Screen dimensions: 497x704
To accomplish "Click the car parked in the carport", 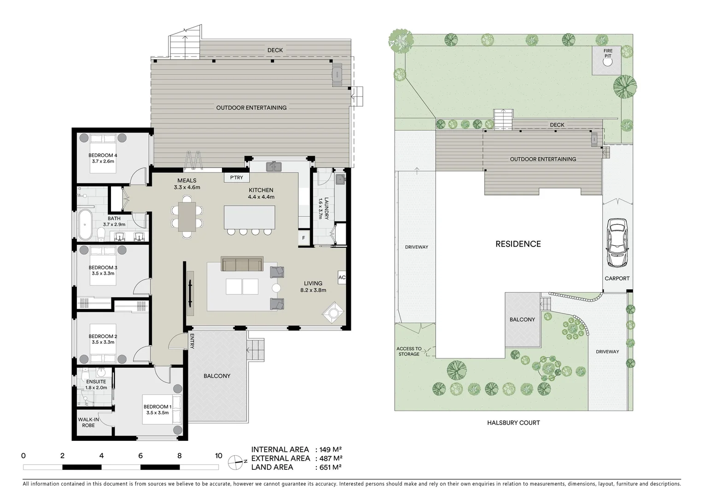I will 617,243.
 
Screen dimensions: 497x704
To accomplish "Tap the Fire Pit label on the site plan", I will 608,53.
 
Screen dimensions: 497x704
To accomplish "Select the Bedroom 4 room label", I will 103,158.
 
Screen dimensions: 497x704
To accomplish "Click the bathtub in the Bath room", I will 85,225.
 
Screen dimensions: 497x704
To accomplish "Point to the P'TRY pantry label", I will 236,178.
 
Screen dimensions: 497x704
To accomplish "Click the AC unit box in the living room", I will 342,277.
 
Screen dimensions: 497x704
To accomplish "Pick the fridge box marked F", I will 303,238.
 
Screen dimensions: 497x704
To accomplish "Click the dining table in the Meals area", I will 186,217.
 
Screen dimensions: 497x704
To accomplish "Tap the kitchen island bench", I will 249,217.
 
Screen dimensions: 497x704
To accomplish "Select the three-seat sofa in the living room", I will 242,264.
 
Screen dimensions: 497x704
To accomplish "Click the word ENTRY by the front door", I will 192,341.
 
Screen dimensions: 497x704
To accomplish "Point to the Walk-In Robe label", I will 88,422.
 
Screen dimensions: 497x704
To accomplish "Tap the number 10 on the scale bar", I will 218,456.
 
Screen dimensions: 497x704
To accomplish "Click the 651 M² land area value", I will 328,468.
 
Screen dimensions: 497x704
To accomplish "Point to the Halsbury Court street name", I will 513,422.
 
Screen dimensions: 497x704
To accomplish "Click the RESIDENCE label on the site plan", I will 518,244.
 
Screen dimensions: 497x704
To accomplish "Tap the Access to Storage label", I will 408,352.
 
